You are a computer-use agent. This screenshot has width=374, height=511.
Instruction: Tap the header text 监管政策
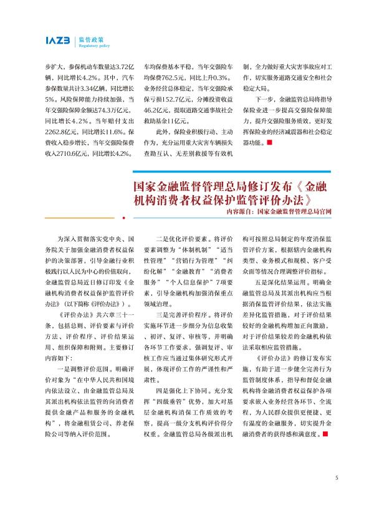point(91,38)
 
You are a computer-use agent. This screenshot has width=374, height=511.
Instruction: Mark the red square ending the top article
point(269,143)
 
